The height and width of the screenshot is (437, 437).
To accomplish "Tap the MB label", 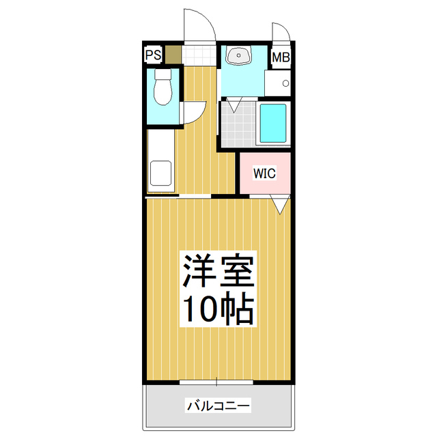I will [281, 57].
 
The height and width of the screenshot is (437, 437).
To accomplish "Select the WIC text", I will [264, 173].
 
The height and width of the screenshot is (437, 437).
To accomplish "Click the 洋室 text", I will [218, 272].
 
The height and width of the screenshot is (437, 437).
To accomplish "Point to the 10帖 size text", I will [218, 309].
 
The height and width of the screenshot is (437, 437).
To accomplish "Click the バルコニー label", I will [218, 406].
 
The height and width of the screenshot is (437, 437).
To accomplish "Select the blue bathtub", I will [273, 124].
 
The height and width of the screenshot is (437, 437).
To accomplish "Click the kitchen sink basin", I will [161, 173].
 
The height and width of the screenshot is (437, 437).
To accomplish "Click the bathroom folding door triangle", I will [234, 105].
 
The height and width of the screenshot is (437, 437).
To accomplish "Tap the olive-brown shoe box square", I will [173, 54].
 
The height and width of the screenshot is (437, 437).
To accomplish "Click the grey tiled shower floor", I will [237, 126].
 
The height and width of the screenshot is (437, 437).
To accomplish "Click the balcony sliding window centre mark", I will [218, 381].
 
